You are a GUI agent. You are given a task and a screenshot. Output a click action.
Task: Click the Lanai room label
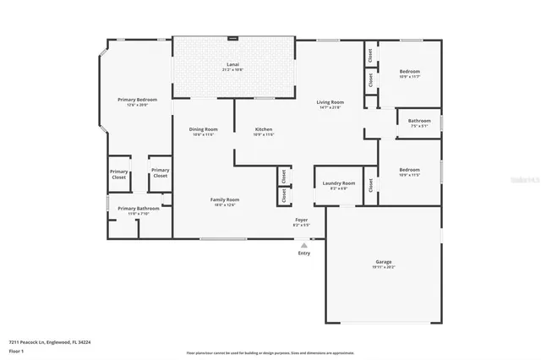pyautogui.click(x=233, y=64)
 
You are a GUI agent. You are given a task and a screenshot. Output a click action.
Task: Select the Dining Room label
pyautogui.click(x=203, y=129)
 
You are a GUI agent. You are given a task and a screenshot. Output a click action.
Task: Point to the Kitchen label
pyautogui.click(x=264, y=129)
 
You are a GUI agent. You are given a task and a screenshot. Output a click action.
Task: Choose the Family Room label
pyautogui.click(x=225, y=199)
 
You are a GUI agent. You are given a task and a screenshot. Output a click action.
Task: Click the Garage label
pyautogui.click(x=383, y=262)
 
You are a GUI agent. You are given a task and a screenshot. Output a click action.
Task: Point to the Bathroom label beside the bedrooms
pyautogui.click(x=419, y=121)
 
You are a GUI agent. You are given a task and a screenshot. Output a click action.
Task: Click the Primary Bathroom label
pyautogui.click(x=138, y=208)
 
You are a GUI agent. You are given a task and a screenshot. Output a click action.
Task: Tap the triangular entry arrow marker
pyautogui.click(x=304, y=244)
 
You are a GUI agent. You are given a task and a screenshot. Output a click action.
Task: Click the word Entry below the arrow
pyautogui.click(x=304, y=253)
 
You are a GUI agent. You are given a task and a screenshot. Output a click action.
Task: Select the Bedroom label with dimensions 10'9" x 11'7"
pyautogui.click(x=409, y=71)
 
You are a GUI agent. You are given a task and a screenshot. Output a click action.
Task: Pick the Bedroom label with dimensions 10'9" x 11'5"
pyautogui.click(x=409, y=170)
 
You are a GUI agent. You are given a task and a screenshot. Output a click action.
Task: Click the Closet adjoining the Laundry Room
pyautogui.click(x=370, y=184)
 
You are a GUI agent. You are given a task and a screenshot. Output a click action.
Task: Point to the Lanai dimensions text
pyautogui.click(x=233, y=69)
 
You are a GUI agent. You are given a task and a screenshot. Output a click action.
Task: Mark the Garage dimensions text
pyautogui.click(x=383, y=267)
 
